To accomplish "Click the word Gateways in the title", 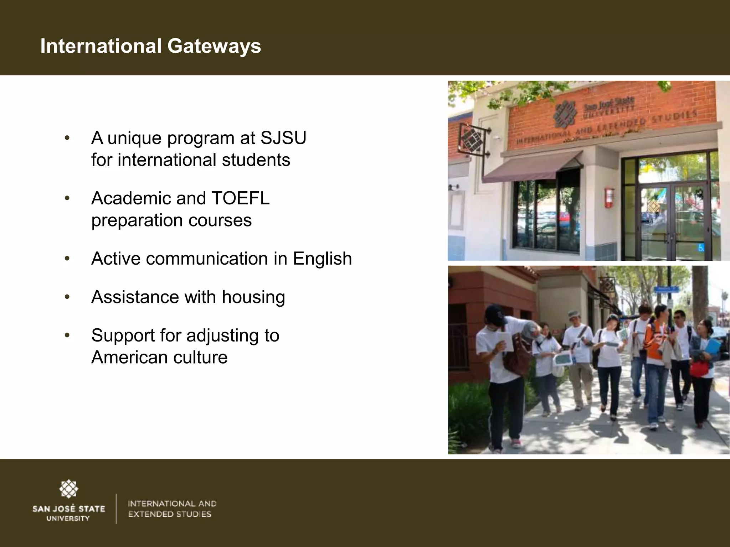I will pyautogui.click(x=214, y=47).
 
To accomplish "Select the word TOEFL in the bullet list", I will pyautogui.click(x=241, y=198).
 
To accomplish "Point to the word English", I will pyautogui.click(x=322, y=259).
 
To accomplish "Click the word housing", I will pyautogui.click(x=253, y=297).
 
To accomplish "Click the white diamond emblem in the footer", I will pyautogui.click(x=68, y=489).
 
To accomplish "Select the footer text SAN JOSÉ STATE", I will pyautogui.click(x=69, y=509).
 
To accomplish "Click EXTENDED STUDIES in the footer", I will pyautogui.click(x=170, y=514).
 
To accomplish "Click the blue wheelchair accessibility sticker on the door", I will pyautogui.click(x=701, y=248).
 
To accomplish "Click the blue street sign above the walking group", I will pyautogui.click(x=665, y=288).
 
